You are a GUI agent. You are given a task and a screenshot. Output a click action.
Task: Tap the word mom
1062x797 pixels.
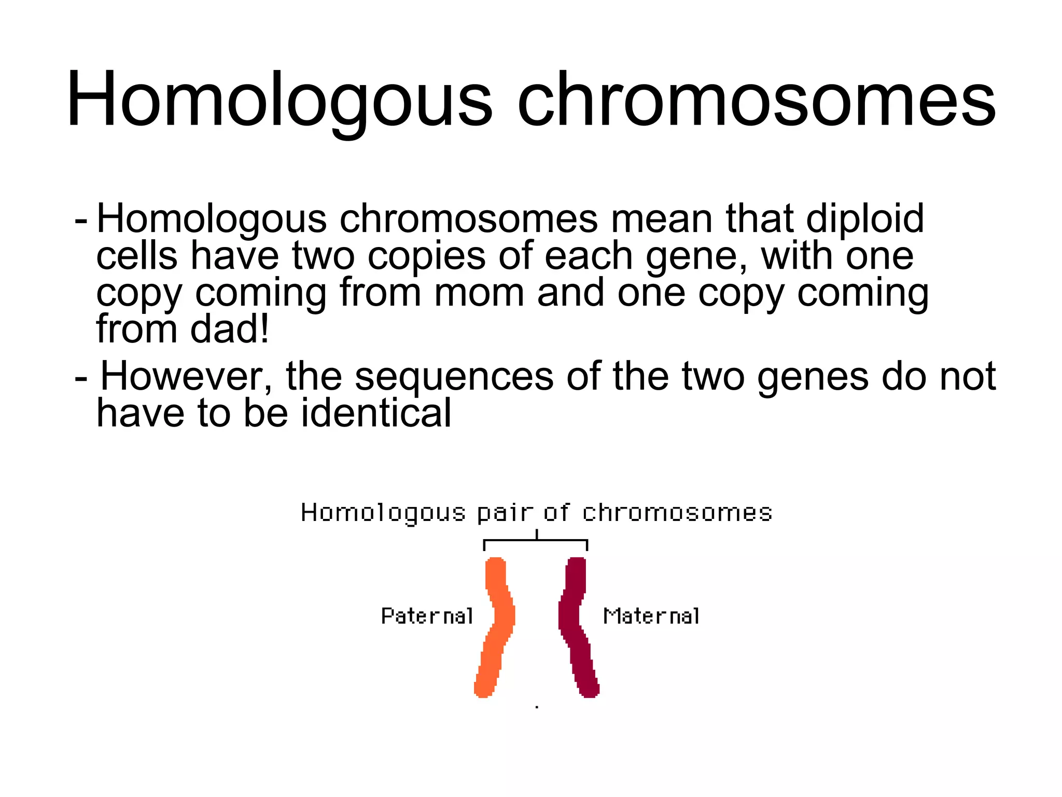point(479,293)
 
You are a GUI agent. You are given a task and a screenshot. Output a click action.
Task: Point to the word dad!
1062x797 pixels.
point(230,329)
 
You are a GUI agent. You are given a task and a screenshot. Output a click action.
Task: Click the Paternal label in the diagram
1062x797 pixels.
point(427,616)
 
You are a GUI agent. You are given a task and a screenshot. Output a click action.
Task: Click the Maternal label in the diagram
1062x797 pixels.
point(651,616)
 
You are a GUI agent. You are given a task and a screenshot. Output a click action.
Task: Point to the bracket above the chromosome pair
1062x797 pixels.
point(536,541)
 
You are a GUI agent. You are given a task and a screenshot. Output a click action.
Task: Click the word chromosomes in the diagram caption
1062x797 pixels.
point(677,513)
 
